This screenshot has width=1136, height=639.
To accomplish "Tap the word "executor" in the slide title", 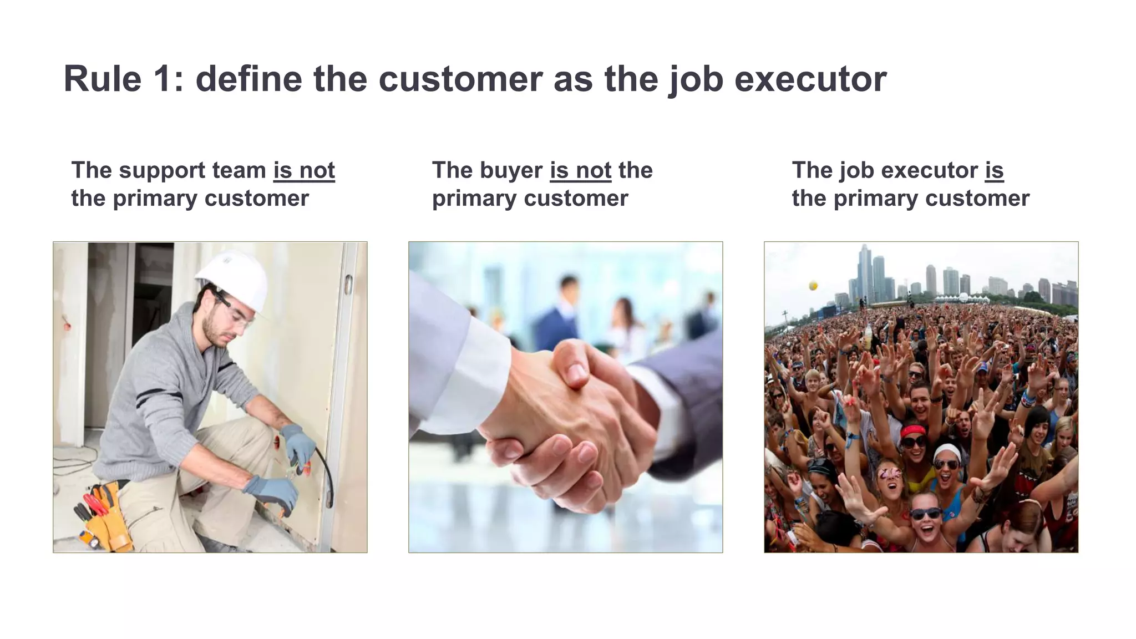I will click(x=810, y=79).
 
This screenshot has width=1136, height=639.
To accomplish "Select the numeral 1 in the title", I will click(x=165, y=79).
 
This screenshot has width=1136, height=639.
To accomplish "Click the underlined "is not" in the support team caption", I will click(x=304, y=170).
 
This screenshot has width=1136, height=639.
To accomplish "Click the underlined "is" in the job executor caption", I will click(x=994, y=170).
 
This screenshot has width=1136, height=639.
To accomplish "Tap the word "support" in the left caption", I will click(x=162, y=170).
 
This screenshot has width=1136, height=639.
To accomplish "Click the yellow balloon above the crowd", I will click(x=813, y=286).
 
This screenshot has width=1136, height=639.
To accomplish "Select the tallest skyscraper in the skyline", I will click(x=864, y=272).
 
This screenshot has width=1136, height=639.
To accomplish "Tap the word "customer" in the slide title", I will click(x=460, y=79).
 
